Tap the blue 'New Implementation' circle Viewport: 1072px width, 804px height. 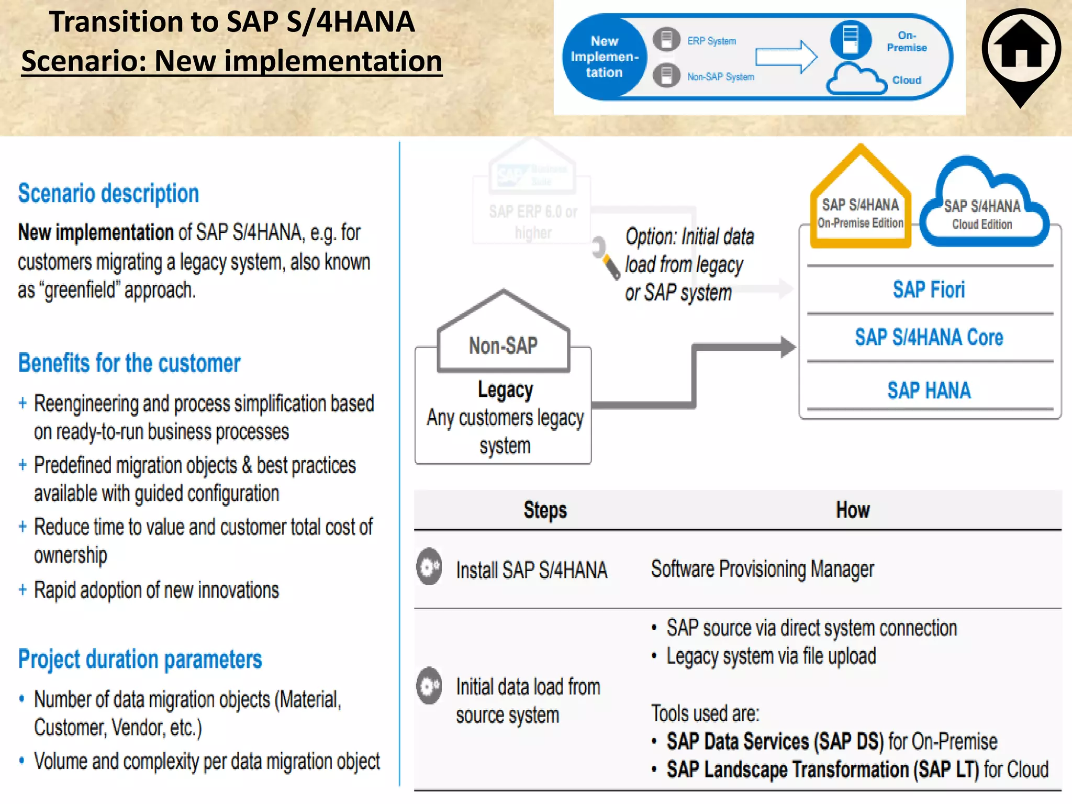(604, 57)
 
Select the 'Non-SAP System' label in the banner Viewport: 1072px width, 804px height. (720, 77)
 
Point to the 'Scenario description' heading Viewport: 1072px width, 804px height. (108, 194)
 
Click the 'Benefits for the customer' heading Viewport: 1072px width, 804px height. (129, 363)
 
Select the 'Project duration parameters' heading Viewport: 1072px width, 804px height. (140, 660)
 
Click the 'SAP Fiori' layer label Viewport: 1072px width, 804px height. (929, 290)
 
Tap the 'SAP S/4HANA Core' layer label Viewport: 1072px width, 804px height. (929, 338)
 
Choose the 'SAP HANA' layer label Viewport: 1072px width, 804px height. (929, 390)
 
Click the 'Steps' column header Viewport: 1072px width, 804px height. (545, 510)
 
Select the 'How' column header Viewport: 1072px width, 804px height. (853, 510)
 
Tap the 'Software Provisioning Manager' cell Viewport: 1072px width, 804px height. (762, 569)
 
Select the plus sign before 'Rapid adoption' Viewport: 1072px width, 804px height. (23, 590)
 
